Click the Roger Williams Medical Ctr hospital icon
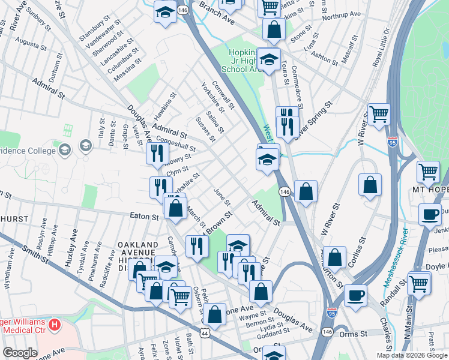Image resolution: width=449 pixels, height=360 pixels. coord(55,325)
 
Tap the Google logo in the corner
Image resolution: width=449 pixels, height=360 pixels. coord(20,352)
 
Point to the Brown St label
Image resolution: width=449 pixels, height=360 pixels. coord(219,222)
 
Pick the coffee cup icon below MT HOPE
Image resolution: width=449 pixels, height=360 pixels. coord(430,214)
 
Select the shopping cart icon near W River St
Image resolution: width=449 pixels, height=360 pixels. coord(379,113)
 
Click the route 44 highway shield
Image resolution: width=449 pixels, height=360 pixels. coord(205,332)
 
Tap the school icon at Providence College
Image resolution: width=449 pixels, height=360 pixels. coord(86,145)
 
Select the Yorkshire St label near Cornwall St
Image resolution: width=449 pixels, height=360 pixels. coord(214,98)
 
